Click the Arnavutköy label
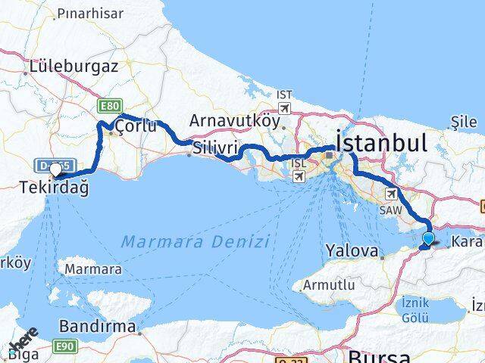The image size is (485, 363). click(228, 120)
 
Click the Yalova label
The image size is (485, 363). click(351, 250)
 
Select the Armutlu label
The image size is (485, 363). click(328, 285)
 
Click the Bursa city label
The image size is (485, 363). click(379, 356)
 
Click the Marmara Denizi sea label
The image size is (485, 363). click(195, 242)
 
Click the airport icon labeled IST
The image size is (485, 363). click(284, 107)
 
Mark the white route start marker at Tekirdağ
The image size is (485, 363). click(56, 170)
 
